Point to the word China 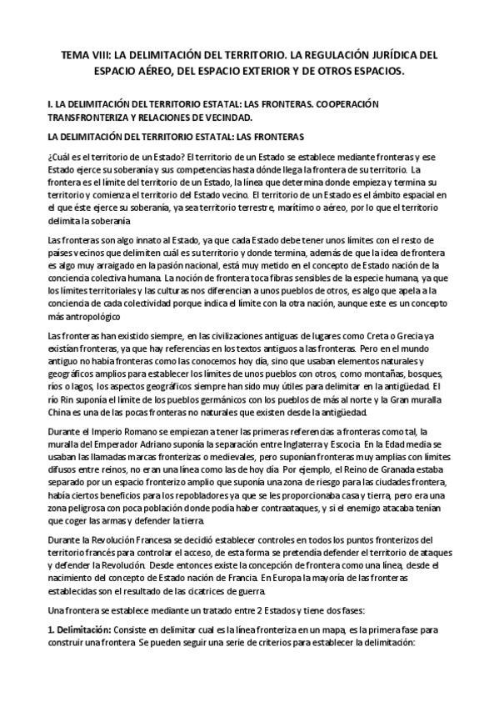(x=62, y=414)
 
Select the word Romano (x=141, y=432)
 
